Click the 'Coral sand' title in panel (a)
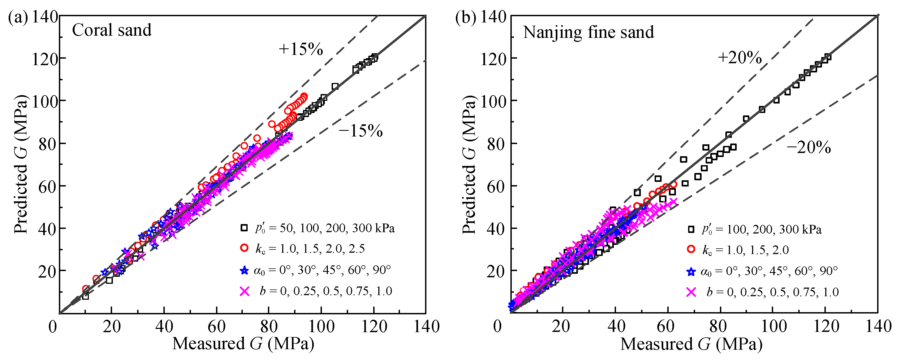pyautogui.click(x=112, y=30)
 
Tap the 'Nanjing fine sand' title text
pyautogui.click(x=588, y=32)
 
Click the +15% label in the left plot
pyautogui.click(x=301, y=49)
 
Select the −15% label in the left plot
pyautogui.click(x=361, y=131)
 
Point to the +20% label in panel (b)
pyautogui.click(x=739, y=57)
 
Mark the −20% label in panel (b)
pyautogui.click(x=809, y=147)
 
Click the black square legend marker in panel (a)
pyautogui.click(x=244, y=228)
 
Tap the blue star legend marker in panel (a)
pyautogui.click(x=244, y=270)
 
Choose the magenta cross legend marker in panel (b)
pyautogui.click(x=691, y=292)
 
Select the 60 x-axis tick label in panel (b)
pyautogui.click(x=665, y=327)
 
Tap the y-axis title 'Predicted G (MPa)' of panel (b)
pyautogui.click(x=469, y=164)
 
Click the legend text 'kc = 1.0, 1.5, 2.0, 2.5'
pyautogui.click(x=310, y=249)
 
